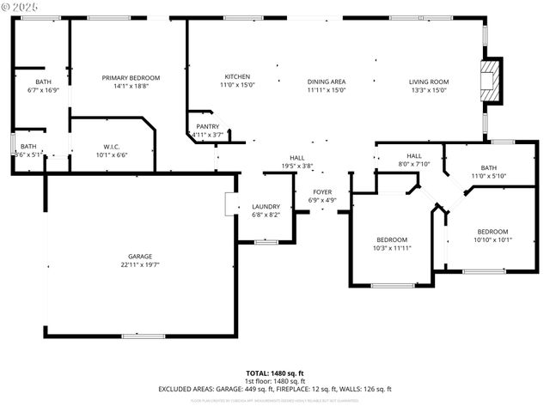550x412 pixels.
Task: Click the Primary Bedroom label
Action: pyautogui.click(x=131, y=78)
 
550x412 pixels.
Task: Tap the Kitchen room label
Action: pyautogui.click(x=237, y=76)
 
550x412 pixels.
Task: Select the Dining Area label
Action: pyautogui.click(x=326, y=82)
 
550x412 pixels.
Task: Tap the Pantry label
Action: pyautogui.click(x=206, y=126)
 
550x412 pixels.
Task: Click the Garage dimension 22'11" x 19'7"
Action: pyautogui.click(x=140, y=265)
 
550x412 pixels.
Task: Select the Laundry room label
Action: pyautogui.click(x=266, y=206)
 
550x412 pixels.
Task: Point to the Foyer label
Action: pyautogui.click(x=322, y=192)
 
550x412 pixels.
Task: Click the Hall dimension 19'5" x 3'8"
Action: pyautogui.click(x=296, y=166)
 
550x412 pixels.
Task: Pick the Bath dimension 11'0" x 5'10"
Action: pyautogui.click(x=488, y=175)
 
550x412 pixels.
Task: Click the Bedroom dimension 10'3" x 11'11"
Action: pyautogui.click(x=391, y=247)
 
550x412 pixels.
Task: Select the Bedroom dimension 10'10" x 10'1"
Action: pyautogui.click(x=492, y=239)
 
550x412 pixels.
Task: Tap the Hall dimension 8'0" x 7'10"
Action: pyautogui.click(x=413, y=164)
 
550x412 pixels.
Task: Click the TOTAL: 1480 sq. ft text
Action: pyautogui.click(x=274, y=373)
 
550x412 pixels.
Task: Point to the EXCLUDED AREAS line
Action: pyautogui.click(x=274, y=389)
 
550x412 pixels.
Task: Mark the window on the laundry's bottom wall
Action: pyautogui.click(x=266, y=242)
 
